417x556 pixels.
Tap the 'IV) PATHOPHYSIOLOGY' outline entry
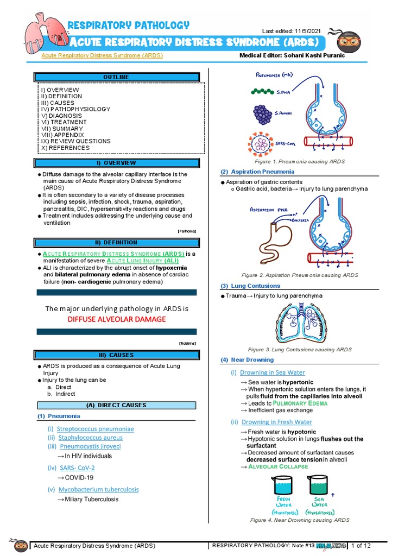tap(75, 109)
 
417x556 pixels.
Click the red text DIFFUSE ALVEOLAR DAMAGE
tap(117, 319)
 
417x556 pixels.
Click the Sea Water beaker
tap(318, 485)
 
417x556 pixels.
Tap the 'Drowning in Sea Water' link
tap(273, 372)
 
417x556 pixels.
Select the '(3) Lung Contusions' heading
tap(250, 286)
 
